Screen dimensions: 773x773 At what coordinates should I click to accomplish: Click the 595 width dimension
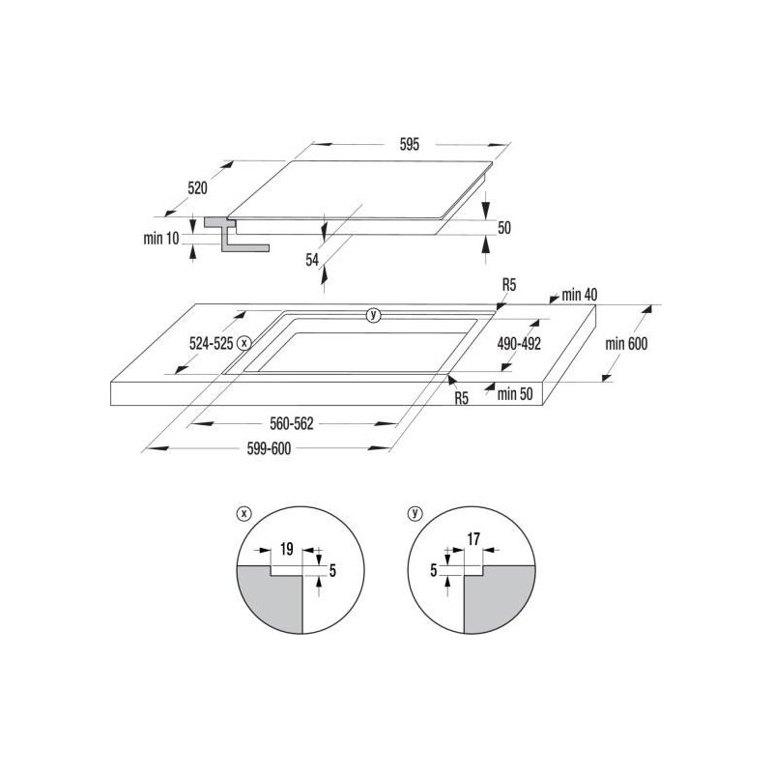(x=409, y=144)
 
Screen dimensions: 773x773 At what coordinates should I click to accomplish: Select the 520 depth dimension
(x=197, y=187)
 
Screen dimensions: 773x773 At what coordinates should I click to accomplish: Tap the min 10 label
(x=161, y=239)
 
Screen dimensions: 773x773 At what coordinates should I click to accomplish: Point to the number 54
(x=312, y=260)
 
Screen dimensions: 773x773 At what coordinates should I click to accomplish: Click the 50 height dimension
(x=504, y=228)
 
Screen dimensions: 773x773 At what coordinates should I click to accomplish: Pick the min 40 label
(x=579, y=295)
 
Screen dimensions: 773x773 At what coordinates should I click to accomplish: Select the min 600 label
(x=626, y=344)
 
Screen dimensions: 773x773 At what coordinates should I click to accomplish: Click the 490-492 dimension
(x=519, y=344)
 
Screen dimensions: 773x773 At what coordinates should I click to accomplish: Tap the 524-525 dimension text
(x=211, y=344)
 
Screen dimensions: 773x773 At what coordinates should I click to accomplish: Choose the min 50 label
(x=515, y=394)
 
